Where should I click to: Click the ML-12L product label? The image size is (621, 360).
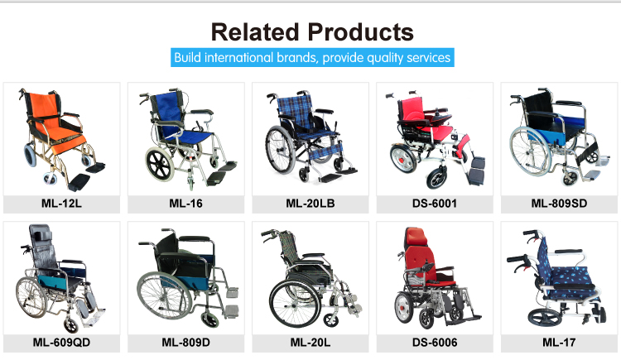pos(61,204)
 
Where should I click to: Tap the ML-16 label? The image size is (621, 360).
pos(185,204)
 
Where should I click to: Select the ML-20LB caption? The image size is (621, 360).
pos(310,204)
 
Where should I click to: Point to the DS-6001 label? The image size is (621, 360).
pos(435,204)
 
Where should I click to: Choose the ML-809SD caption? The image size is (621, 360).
pos(559,204)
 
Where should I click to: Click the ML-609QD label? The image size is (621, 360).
pos(61,343)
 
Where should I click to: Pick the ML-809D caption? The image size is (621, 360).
pos(185,343)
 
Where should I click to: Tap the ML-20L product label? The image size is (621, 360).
pos(310,343)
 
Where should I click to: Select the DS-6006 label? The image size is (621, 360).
pos(435,343)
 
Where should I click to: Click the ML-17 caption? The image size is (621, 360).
pos(559,343)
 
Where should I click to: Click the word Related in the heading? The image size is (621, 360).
pos(255,32)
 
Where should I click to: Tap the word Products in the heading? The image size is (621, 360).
pos(361,32)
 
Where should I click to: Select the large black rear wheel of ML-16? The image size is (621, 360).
pos(160,164)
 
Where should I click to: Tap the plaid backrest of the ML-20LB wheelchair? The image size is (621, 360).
pos(295,108)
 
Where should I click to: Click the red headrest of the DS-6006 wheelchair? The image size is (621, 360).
pos(416,237)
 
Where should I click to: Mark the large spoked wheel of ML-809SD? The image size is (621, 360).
pos(530,151)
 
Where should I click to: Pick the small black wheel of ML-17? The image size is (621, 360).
pos(544,317)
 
